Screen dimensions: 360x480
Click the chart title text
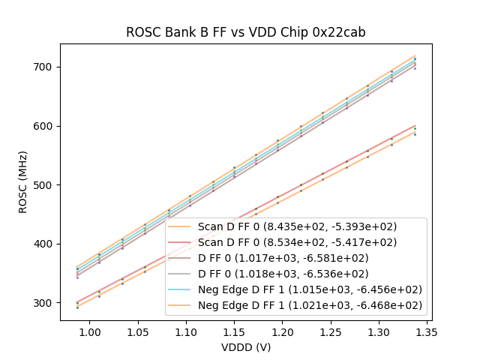pos(245,32)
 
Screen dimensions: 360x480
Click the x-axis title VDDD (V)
pos(245,347)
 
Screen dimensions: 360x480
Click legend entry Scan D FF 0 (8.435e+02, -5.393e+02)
pos(297,226)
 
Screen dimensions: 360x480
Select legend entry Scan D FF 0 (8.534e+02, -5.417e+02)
pos(297,242)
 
